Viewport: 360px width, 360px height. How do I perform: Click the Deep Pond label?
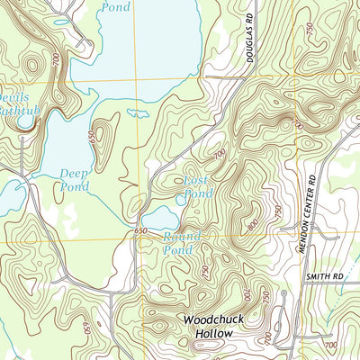(75, 180)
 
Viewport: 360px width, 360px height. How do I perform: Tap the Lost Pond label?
(197, 187)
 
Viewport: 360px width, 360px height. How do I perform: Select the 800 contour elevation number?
(253, 221)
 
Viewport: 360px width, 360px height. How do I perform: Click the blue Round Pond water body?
(158, 218)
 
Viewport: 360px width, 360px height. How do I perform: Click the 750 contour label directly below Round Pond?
(205, 271)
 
